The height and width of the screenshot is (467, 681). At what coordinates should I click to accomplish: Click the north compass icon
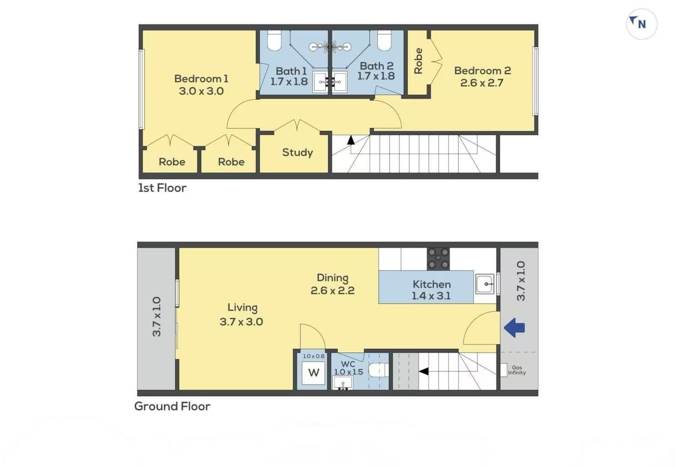642,24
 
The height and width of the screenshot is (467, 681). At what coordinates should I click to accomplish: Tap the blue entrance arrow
514,328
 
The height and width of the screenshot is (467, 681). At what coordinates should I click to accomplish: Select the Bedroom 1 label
201,79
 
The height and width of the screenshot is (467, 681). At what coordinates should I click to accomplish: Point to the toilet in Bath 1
274,40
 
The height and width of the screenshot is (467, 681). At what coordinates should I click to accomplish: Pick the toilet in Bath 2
384,40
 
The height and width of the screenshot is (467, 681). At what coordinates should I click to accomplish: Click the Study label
297,153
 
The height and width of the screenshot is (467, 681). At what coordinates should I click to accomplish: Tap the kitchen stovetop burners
438,259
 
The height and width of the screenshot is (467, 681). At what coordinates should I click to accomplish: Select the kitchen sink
485,284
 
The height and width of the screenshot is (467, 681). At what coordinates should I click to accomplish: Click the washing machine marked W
313,373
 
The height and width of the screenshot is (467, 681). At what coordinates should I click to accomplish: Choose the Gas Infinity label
517,370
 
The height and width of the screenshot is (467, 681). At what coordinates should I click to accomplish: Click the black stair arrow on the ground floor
424,371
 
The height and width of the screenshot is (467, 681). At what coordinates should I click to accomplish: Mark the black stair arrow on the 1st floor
351,140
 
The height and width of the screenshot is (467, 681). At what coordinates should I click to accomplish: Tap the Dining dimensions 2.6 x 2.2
332,290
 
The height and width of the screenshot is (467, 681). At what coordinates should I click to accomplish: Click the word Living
242,308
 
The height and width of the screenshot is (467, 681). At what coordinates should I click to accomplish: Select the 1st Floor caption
163,188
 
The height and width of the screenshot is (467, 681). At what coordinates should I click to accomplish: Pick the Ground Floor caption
172,406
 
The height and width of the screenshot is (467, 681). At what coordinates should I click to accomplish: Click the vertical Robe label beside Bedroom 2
418,61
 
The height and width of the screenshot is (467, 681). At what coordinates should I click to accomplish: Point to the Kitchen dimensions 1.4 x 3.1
431,296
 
